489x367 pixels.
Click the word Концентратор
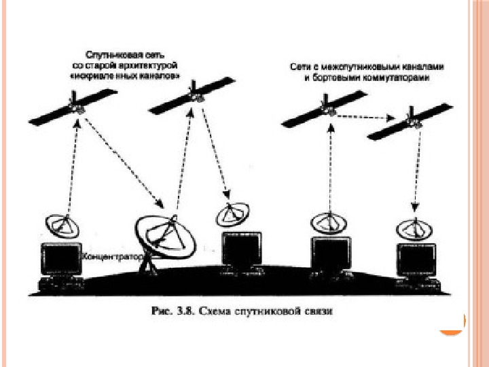(x=111, y=258)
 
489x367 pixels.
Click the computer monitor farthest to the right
(x=415, y=261)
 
